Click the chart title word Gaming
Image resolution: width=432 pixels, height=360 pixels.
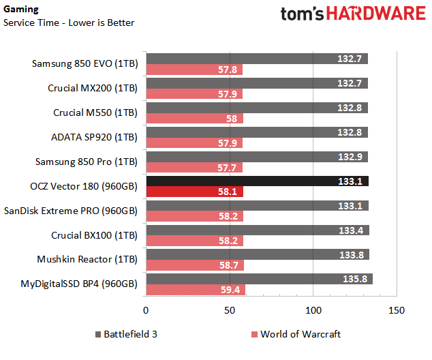(x=20, y=10)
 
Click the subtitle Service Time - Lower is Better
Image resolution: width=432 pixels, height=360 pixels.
(x=69, y=22)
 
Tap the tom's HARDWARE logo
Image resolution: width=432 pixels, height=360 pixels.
(x=352, y=15)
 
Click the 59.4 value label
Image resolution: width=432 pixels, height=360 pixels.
(x=231, y=290)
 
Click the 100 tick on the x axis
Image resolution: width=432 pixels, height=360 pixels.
(x=313, y=310)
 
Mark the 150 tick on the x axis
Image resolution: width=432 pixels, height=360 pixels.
(x=396, y=310)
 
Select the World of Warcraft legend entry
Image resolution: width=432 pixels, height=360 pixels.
(x=296, y=334)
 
